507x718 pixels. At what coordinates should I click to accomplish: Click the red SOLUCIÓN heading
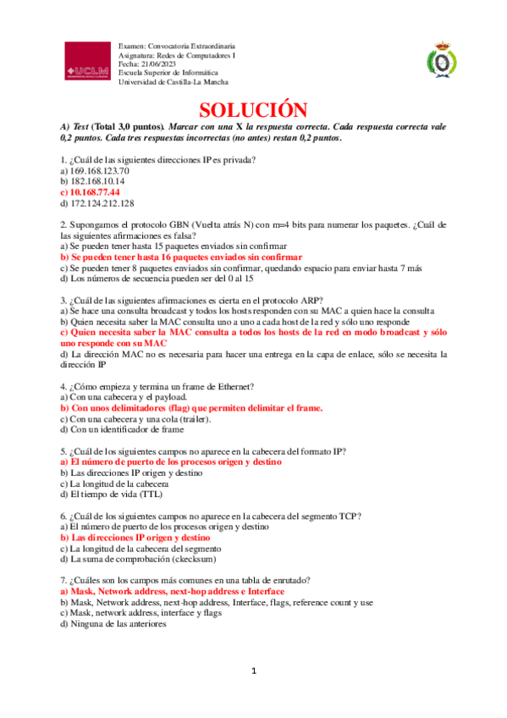pyautogui.click(x=252, y=111)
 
